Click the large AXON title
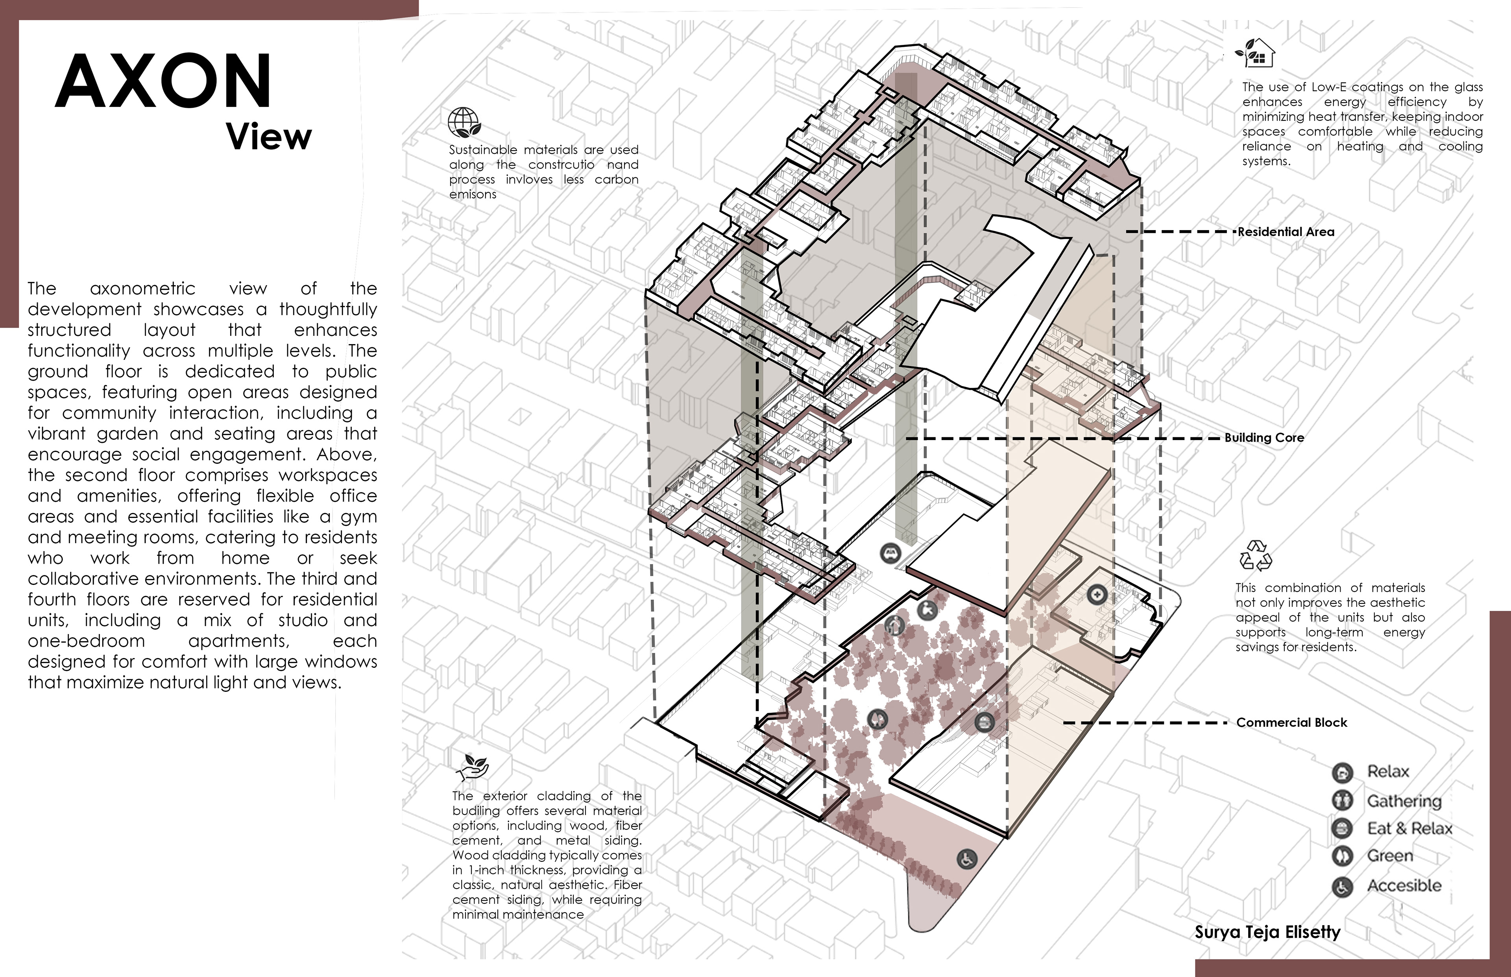(x=164, y=81)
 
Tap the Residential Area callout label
(x=1286, y=232)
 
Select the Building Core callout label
(x=1264, y=438)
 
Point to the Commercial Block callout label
(x=1291, y=723)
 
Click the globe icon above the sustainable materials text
(x=464, y=122)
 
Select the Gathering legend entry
(x=1387, y=801)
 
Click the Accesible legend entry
(x=1387, y=886)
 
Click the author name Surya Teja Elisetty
(x=1267, y=932)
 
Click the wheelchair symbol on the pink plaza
(x=966, y=860)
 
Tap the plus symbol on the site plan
(x=1097, y=594)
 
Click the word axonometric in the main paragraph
(x=143, y=289)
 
